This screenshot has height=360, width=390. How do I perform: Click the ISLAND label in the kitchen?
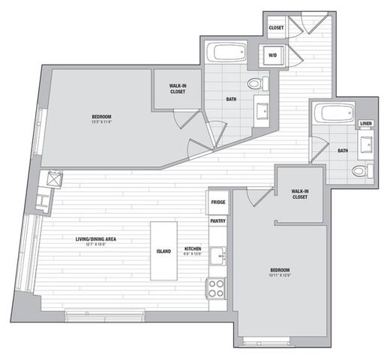163,250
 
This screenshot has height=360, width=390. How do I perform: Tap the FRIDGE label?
218,202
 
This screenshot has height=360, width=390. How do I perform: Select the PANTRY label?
218,222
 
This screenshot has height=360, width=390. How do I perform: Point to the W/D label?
271,55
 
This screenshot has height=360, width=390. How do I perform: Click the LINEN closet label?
365,124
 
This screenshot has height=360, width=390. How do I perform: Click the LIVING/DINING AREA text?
100,239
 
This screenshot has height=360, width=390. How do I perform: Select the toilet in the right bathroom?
359,172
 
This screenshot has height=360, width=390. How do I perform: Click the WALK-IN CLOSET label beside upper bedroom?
177,88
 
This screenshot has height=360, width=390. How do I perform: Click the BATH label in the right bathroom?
343,151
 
